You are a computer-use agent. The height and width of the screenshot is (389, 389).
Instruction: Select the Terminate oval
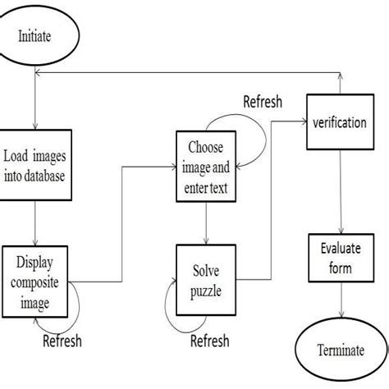pos(339,350)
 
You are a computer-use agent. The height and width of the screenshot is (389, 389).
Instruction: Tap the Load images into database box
pos(35,163)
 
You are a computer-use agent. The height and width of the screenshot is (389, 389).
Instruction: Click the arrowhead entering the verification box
pos(301,121)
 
